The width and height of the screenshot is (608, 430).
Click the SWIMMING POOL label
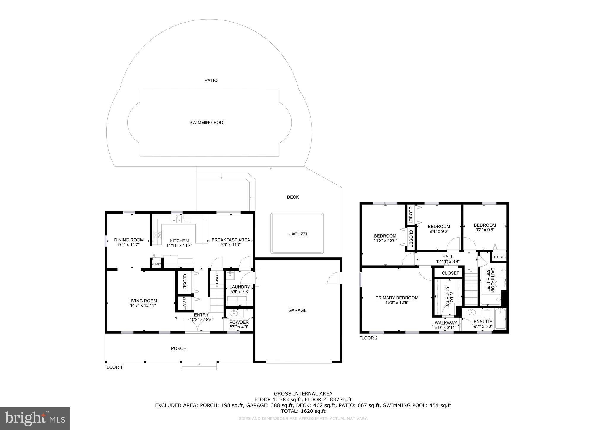point(207,122)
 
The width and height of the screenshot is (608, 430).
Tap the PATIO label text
point(211,80)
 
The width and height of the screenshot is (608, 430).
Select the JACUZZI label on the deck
point(298,234)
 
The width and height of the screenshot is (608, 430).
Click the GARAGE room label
point(297,310)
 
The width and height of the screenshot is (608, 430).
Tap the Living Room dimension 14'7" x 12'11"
point(142,305)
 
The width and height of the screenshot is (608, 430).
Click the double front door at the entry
point(197,327)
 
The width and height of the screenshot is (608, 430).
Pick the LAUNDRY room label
point(240,287)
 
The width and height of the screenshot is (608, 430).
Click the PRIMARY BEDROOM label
point(397,298)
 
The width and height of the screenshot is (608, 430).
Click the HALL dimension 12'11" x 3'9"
point(447,262)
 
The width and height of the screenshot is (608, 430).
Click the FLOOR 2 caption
point(368,338)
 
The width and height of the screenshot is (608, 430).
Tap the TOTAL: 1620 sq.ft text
point(303,411)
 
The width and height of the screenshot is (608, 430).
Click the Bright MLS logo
point(35,418)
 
